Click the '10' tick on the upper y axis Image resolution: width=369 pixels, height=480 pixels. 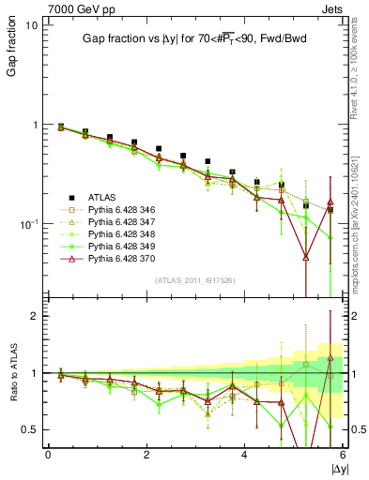[x=31, y=25]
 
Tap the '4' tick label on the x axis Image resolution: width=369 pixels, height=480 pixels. [x=245, y=455]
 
